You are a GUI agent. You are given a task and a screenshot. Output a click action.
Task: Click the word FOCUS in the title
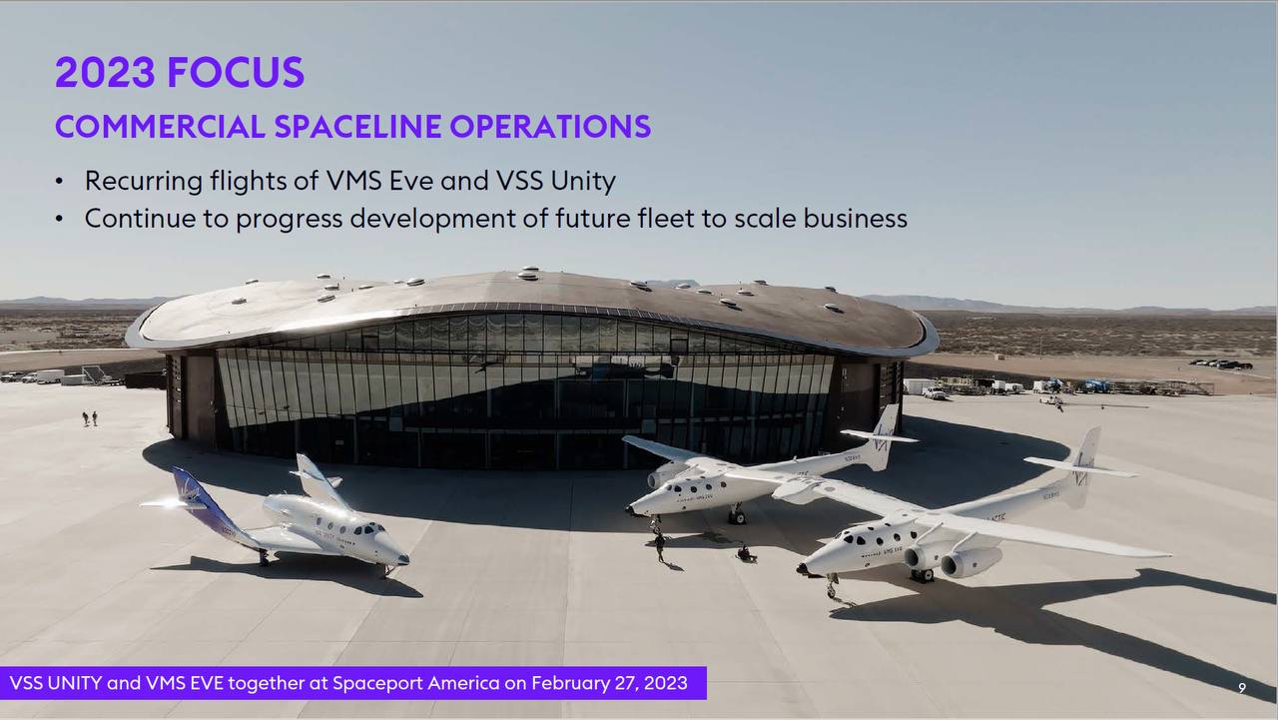pos(236,73)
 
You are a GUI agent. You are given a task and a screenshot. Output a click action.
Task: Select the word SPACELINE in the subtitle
pos(357,126)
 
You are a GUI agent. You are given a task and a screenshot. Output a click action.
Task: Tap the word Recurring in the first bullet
pos(143,182)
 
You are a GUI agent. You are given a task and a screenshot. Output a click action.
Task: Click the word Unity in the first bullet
pos(583,182)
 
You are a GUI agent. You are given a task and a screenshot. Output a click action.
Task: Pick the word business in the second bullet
pos(856,218)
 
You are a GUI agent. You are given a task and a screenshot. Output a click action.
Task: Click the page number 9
pos(1242,688)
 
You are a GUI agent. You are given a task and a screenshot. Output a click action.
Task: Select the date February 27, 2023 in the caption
pos(609,683)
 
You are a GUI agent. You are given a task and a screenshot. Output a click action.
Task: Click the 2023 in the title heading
pos(105,73)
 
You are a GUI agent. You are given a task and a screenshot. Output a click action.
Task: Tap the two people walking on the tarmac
pos(90,418)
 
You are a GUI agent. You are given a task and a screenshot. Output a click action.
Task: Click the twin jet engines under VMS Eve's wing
pos(954,558)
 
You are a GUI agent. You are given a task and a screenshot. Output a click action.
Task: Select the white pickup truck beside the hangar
pos(934,392)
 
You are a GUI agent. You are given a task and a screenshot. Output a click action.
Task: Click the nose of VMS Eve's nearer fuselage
pos(806,568)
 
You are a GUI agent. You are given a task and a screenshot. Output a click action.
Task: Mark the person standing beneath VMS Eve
pos(660,547)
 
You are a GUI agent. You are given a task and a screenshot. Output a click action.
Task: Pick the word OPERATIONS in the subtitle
pos(550,126)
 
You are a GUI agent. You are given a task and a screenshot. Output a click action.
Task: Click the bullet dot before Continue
pos(59,219)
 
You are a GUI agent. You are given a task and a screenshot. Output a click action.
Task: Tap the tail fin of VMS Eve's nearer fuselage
pos(1081,466)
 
